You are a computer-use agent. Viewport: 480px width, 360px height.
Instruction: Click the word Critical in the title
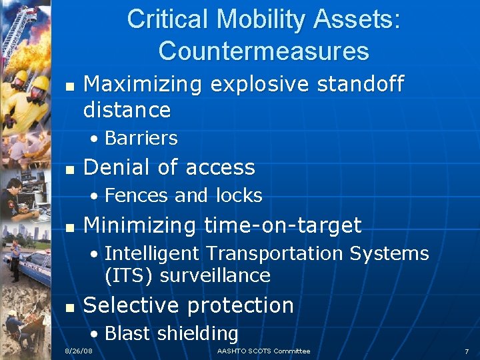pos(167,19)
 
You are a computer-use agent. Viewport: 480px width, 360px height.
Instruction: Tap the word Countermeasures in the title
pos(264,51)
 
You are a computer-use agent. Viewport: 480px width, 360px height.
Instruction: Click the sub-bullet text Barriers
pos(141,138)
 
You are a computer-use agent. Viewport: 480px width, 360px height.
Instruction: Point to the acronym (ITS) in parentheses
pos(127,275)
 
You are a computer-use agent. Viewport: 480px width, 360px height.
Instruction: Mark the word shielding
pos(197,333)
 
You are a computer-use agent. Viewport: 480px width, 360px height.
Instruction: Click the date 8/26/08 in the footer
pos(78,351)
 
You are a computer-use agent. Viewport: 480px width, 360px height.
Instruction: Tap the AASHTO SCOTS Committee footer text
pos(263,351)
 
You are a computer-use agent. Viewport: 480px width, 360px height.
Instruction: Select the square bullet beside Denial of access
pos(67,168)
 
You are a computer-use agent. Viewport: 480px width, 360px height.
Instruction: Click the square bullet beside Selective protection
pos(67,306)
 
